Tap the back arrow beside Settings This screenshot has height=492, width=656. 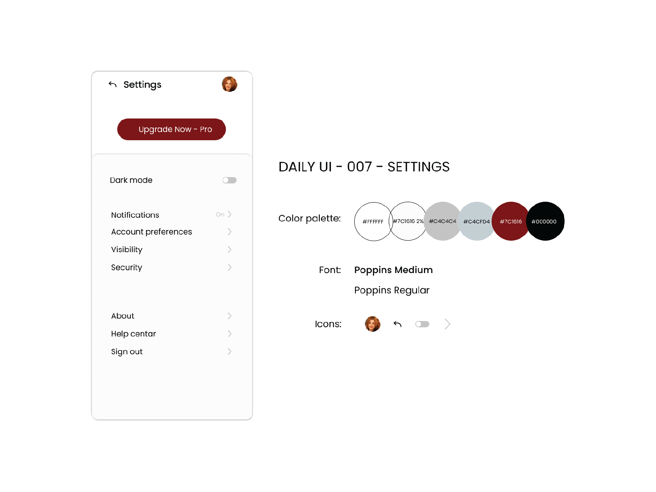click(x=112, y=84)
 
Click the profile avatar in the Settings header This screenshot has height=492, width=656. click(x=229, y=84)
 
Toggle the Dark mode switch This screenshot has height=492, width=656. click(x=229, y=180)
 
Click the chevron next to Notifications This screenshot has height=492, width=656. click(x=230, y=214)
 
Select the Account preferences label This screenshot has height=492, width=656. click(x=152, y=232)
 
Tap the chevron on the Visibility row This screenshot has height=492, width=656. click(x=230, y=249)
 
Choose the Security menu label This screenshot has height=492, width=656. click(x=126, y=267)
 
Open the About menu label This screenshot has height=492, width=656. click(x=123, y=316)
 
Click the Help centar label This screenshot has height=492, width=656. click(x=133, y=334)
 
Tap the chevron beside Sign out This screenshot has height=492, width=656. click(x=230, y=352)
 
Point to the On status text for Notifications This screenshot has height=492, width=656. click(x=220, y=214)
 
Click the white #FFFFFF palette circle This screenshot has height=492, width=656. click(x=373, y=221)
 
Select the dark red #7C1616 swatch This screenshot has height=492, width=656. click(x=510, y=221)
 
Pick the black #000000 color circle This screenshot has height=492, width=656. click(x=545, y=221)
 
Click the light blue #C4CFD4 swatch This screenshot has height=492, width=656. click(x=476, y=221)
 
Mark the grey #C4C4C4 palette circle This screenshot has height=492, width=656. click(x=442, y=221)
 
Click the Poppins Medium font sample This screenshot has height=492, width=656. click(x=393, y=270)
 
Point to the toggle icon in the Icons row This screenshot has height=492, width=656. click(x=422, y=324)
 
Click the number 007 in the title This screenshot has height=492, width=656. click(x=359, y=167)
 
